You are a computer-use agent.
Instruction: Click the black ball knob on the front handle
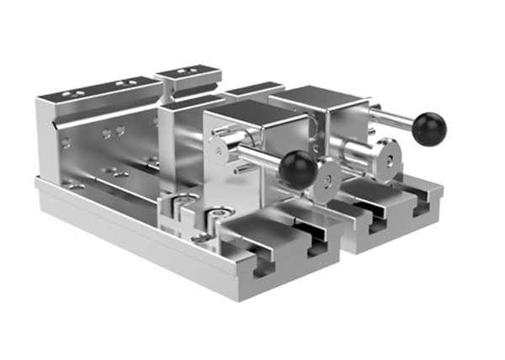tap(298, 169)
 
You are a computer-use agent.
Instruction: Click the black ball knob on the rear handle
tap(429, 129)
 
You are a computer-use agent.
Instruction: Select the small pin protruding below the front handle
tap(238, 170)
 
